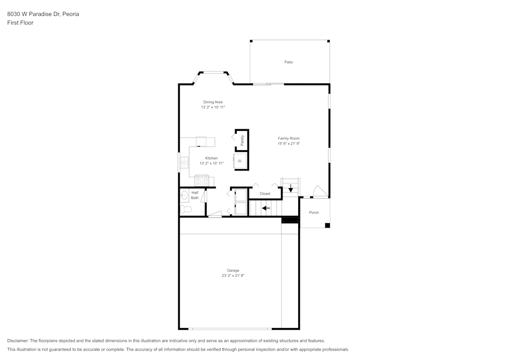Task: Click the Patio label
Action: tap(289, 62)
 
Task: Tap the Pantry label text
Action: tap(242, 141)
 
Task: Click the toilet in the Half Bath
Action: tap(185, 209)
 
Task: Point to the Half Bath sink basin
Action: tap(184, 194)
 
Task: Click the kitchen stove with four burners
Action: tap(202, 180)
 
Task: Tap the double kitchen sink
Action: tap(184, 162)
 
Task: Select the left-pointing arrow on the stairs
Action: tap(266, 208)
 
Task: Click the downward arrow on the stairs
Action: tap(291, 189)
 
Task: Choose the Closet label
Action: tap(265, 193)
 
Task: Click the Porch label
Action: tap(314, 212)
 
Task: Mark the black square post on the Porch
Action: tap(327, 225)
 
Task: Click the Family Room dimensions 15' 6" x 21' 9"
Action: tap(289, 144)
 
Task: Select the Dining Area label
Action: tap(213, 102)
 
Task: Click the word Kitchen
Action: tap(211, 158)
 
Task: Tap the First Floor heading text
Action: tap(20, 23)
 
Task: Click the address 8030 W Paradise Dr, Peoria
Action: tap(43, 14)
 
